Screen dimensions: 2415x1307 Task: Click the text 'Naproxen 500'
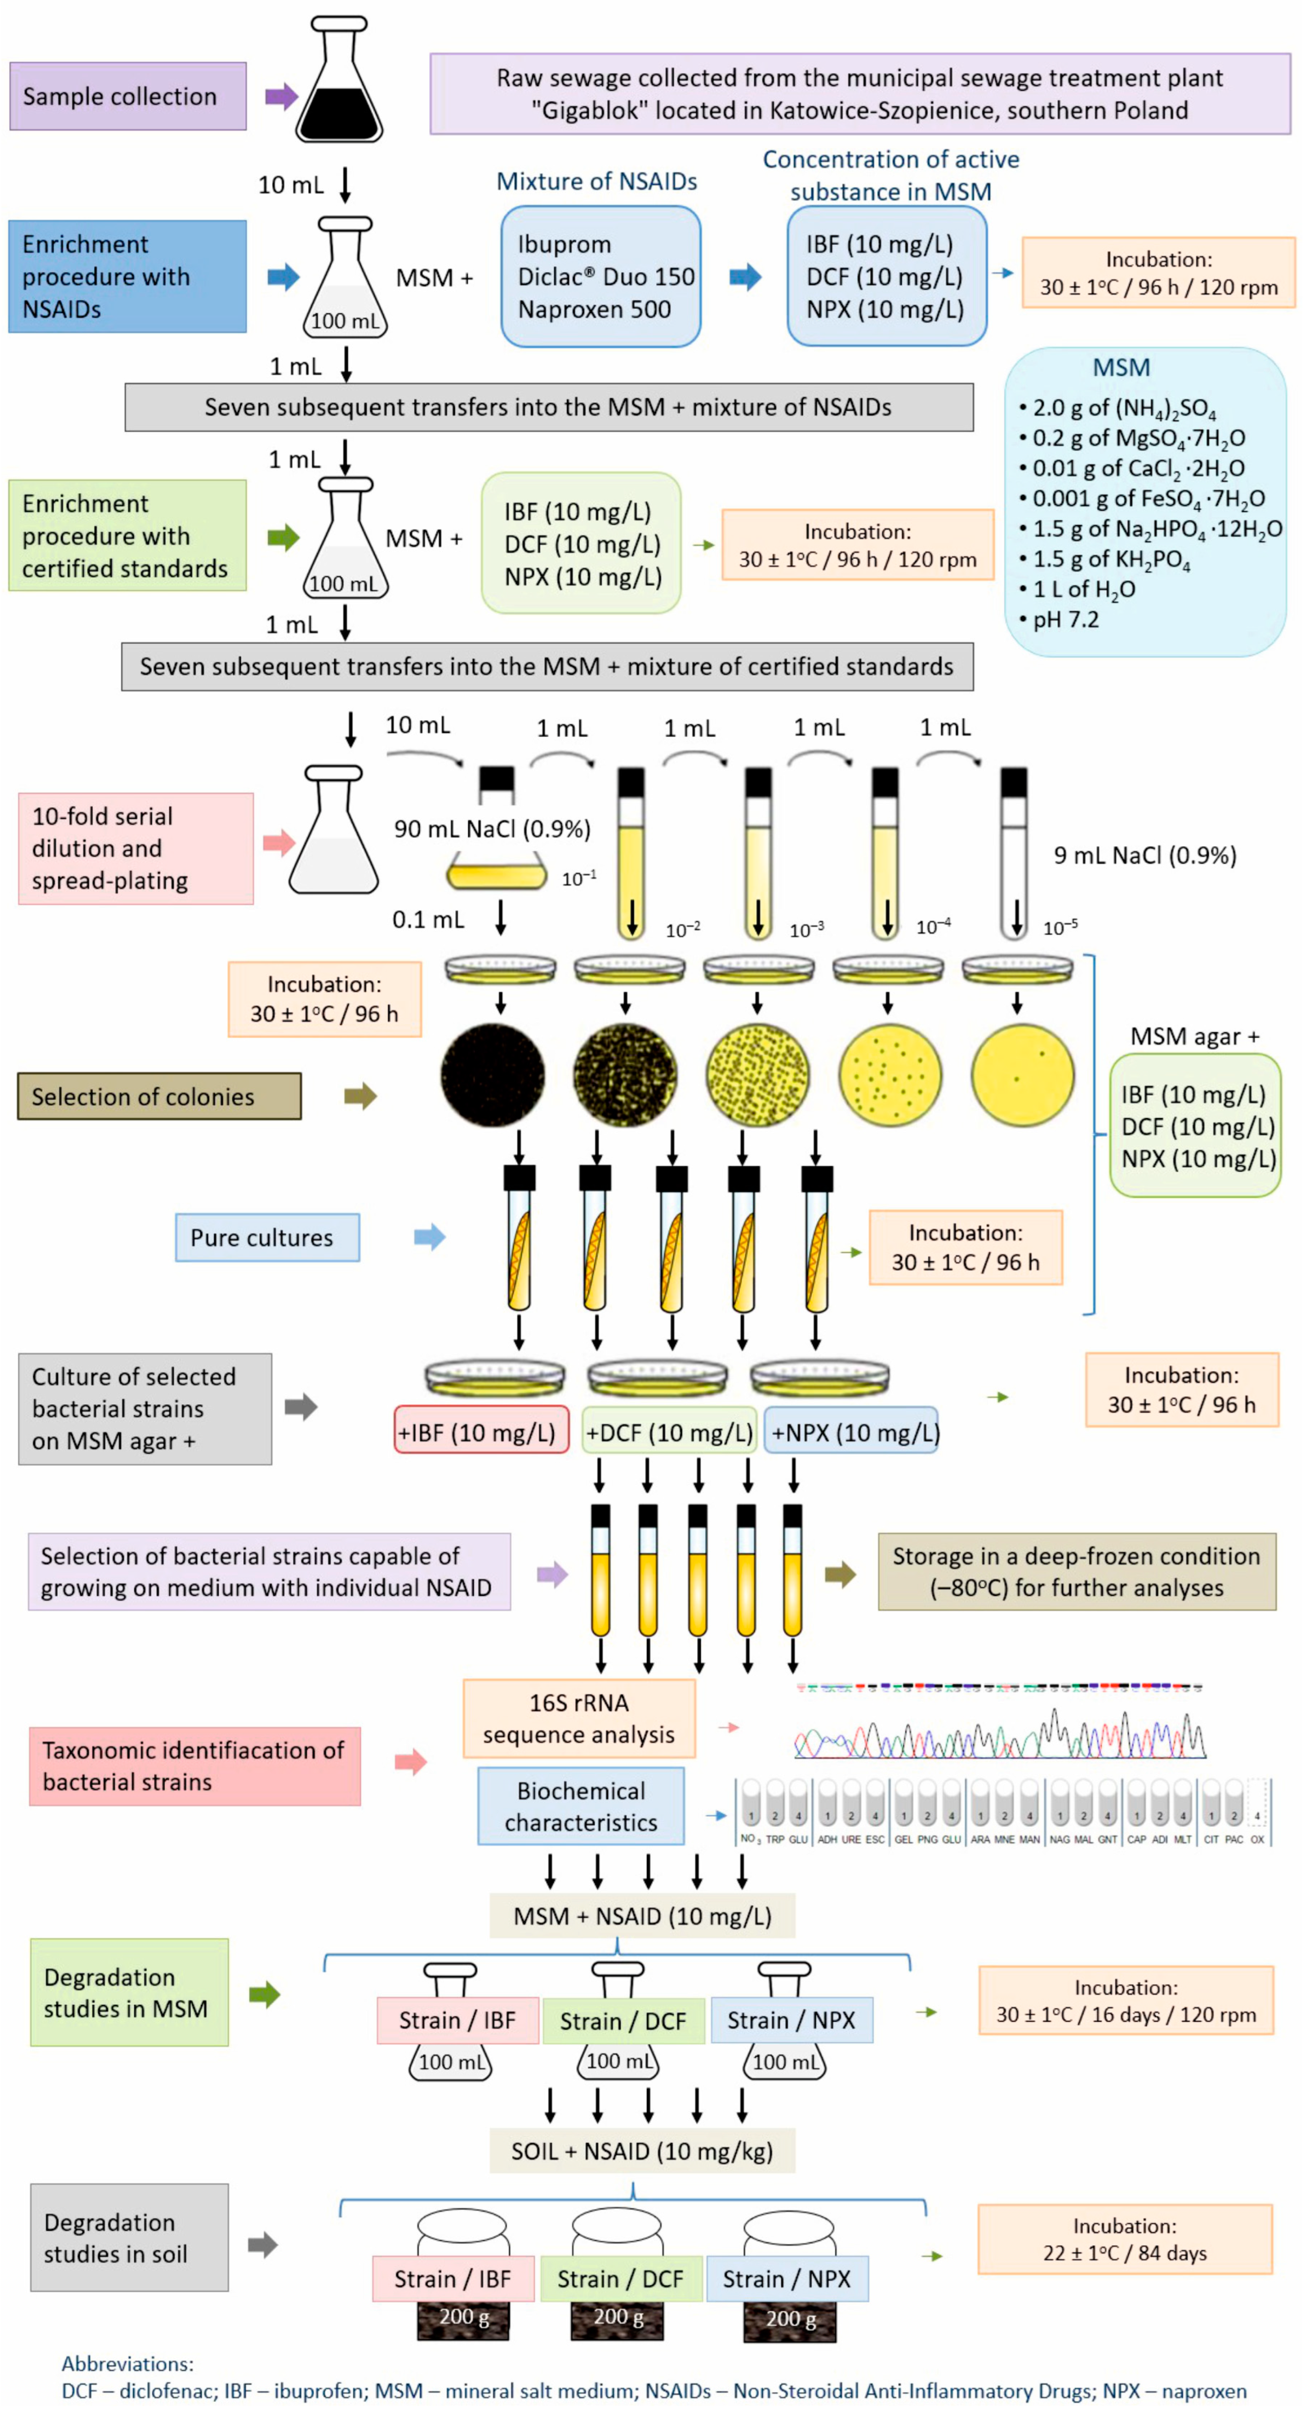(595, 309)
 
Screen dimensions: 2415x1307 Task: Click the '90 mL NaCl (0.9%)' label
(492, 829)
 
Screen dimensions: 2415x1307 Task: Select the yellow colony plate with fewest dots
(1022, 1075)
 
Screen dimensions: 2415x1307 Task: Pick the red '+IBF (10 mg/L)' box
(481, 1432)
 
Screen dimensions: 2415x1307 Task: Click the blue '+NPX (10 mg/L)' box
(851, 1432)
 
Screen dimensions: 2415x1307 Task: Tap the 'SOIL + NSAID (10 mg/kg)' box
(642, 2150)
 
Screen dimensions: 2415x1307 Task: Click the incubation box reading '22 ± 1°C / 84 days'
(1125, 2240)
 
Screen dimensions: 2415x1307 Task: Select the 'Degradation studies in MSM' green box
(130, 1992)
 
